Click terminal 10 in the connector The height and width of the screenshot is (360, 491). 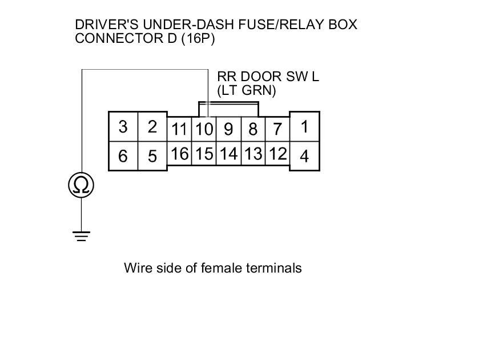click(204, 129)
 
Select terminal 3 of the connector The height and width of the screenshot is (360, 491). click(123, 127)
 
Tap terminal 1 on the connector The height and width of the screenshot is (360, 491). click(304, 127)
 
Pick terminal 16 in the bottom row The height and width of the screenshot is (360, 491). click(179, 154)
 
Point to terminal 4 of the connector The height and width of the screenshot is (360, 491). click(304, 156)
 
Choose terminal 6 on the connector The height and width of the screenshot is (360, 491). click(123, 156)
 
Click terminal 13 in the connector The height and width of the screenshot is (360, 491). click(253, 154)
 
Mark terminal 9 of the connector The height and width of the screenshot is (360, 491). click(228, 130)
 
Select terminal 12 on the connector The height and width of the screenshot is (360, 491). click(277, 154)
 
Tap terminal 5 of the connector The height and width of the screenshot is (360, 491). click(152, 156)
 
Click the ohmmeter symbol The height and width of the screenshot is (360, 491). click(81, 185)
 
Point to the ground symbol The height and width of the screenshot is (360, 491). click(81, 235)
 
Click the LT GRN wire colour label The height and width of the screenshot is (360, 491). click(247, 90)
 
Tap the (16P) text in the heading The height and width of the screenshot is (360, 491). click(197, 39)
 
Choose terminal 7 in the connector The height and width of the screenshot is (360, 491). click(277, 130)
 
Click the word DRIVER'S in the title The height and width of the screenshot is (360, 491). click(107, 25)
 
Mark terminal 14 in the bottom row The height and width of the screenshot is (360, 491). click(228, 154)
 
